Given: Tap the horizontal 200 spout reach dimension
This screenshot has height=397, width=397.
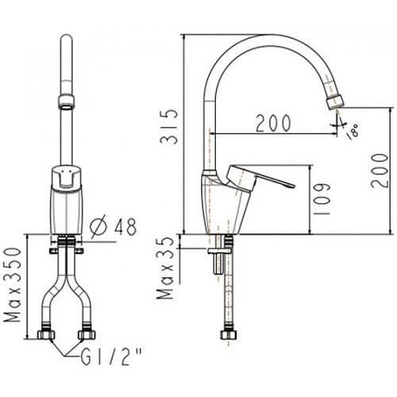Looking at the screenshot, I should tap(272, 123).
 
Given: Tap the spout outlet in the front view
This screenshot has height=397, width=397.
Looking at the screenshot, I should tap(67, 102).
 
